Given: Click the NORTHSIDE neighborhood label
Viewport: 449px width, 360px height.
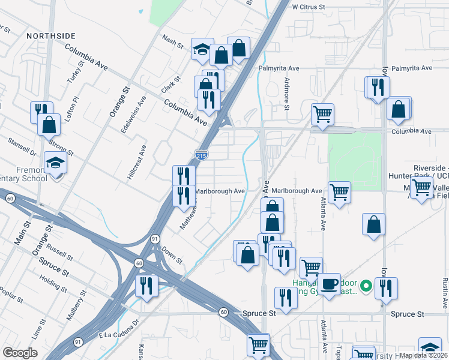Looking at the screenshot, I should coord(50,36).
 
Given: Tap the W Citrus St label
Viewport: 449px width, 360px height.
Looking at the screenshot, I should coord(308,7).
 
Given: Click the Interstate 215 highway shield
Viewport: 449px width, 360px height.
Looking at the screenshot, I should coord(201,155).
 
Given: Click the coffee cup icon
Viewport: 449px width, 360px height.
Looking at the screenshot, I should coord(328,283).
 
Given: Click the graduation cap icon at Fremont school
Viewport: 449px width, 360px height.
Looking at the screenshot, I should coord(56,163).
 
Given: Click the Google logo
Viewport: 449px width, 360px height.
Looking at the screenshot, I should coord(20,353).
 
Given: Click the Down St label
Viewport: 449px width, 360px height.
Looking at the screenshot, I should coord(172,256).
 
